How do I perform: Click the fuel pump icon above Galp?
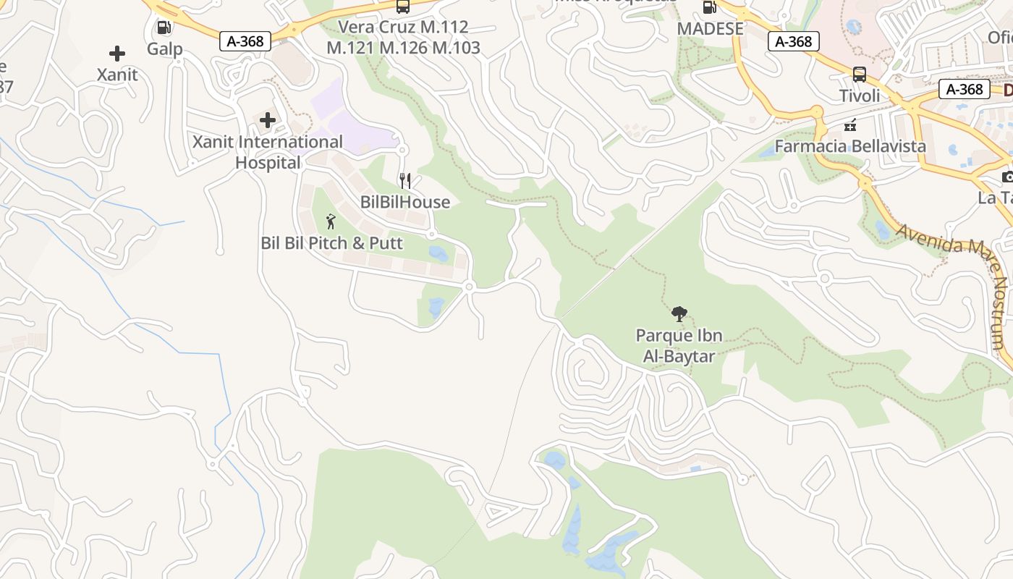point(164,28)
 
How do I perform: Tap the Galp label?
point(164,49)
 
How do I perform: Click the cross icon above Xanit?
point(116,54)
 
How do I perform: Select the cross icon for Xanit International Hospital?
point(268,120)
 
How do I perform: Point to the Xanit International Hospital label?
point(268,152)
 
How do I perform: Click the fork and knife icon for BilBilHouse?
point(405,181)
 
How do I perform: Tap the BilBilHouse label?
point(405,202)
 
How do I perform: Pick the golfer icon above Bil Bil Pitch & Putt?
point(331,221)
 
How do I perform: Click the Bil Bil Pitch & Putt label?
point(331,242)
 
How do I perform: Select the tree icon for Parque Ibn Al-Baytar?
point(679,314)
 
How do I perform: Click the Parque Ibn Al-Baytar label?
point(679,345)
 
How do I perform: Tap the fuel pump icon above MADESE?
point(709,8)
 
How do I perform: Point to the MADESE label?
point(710,28)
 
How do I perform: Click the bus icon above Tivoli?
point(860,75)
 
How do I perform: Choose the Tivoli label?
point(860,96)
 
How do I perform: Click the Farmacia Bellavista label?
point(850,145)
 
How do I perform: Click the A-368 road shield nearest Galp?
point(245,41)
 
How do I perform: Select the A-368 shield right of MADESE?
point(794,41)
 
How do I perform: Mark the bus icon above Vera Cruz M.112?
point(403,7)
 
